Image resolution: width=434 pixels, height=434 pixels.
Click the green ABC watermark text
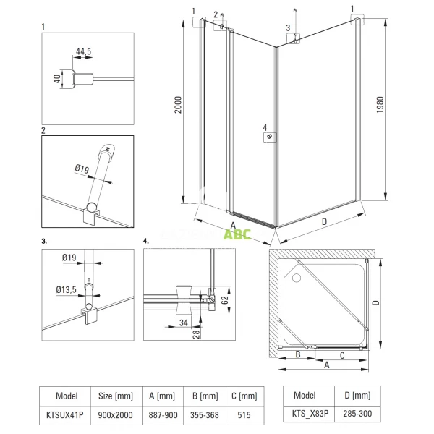(237, 234)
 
